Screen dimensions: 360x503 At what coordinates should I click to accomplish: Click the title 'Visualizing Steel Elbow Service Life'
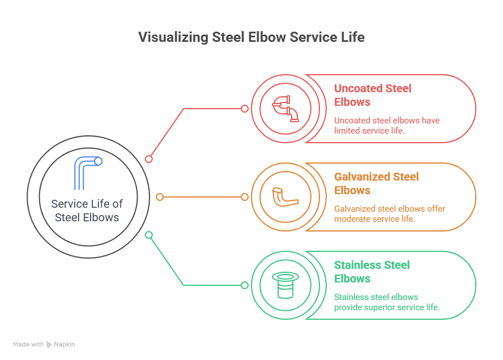coord(252,37)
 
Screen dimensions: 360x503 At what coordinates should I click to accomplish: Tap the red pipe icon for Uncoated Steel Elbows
coord(285,109)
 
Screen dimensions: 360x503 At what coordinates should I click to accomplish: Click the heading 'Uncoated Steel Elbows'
coord(372,95)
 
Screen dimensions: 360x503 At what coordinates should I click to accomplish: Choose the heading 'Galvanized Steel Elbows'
coord(376,183)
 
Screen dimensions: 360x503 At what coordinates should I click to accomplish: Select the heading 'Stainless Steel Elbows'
coord(372,272)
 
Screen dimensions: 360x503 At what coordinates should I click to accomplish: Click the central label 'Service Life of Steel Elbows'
coord(87,211)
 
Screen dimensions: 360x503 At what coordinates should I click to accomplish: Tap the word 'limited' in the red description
coord(347,131)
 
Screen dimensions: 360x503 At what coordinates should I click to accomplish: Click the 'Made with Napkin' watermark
coord(44,344)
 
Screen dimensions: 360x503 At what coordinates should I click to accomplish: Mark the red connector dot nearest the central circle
coord(149,159)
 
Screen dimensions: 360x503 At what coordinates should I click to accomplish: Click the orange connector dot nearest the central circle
coord(160,197)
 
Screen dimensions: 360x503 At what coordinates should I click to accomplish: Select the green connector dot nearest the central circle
coord(149,235)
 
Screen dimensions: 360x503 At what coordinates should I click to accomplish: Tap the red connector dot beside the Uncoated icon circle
coord(245,109)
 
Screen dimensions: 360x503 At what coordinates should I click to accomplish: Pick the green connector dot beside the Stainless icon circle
coord(245,285)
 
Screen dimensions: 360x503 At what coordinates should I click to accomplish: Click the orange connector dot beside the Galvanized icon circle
coord(245,197)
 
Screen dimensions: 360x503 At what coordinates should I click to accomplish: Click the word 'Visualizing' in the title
coord(173,37)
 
